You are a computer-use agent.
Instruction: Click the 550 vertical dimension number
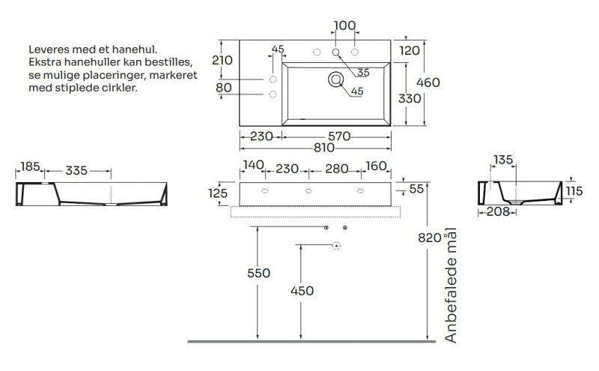258,274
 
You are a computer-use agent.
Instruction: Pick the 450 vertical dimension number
301,291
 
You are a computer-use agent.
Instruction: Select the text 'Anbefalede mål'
450,286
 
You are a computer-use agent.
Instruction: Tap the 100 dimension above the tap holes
344,25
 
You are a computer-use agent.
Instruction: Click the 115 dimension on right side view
574,191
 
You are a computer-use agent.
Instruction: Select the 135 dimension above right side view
502,160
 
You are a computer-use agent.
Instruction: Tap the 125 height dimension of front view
218,193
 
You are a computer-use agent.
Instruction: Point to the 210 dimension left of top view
223,60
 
